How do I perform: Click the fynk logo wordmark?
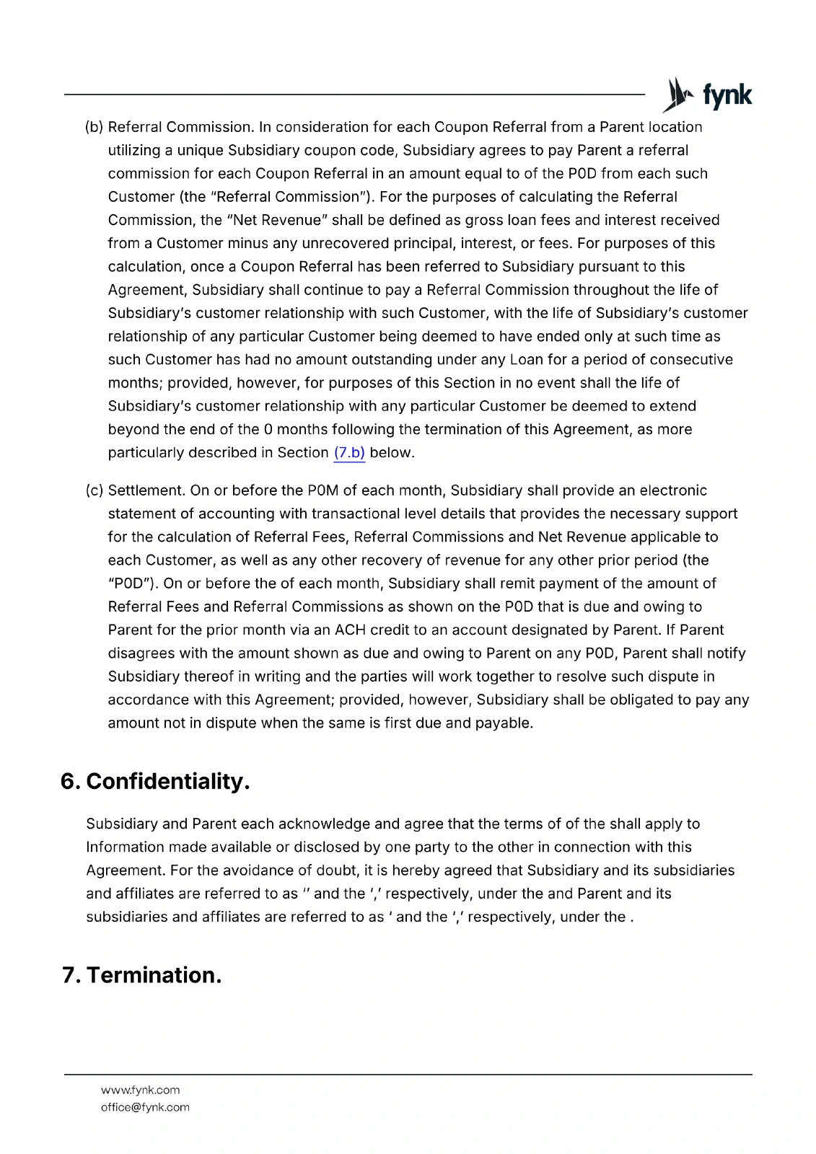tap(727, 96)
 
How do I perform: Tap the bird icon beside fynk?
tap(677, 95)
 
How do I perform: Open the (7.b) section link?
tap(349, 453)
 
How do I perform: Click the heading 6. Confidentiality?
tap(155, 782)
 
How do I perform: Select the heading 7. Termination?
tap(141, 975)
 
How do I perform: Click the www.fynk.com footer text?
tap(140, 1090)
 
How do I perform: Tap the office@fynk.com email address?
tap(145, 1107)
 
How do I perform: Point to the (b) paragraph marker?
tap(95, 128)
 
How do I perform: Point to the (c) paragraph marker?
tap(95, 491)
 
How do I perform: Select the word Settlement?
tap(146, 491)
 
